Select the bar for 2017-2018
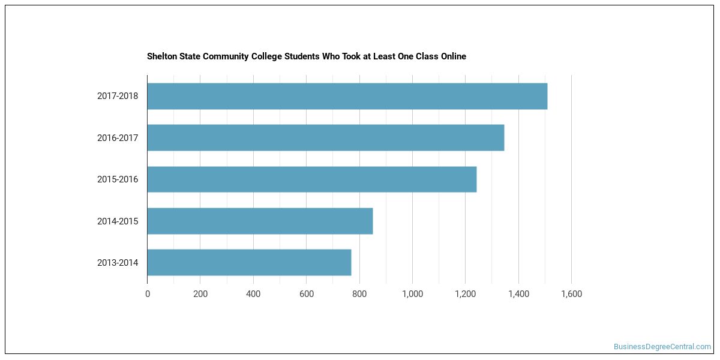(x=347, y=96)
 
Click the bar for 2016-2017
(x=326, y=137)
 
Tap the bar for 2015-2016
(x=312, y=179)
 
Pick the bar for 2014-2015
(x=260, y=221)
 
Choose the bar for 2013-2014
(x=250, y=262)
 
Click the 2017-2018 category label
(x=118, y=96)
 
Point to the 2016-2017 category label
(x=118, y=138)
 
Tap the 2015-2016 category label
(x=118, y=179)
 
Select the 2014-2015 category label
(x=118, y=221)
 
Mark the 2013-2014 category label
(x=118, y=263)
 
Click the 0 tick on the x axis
(x=148, y=294)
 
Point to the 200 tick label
(x=200, y=294)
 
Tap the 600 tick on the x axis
(x=307, y=294)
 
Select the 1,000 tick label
(x=412, y=294)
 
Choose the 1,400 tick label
(x=518, y=294)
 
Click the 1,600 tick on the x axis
(x=571, y=294)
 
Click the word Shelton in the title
(x=162, y=56)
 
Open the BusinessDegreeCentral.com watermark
(x=662, y=347)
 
